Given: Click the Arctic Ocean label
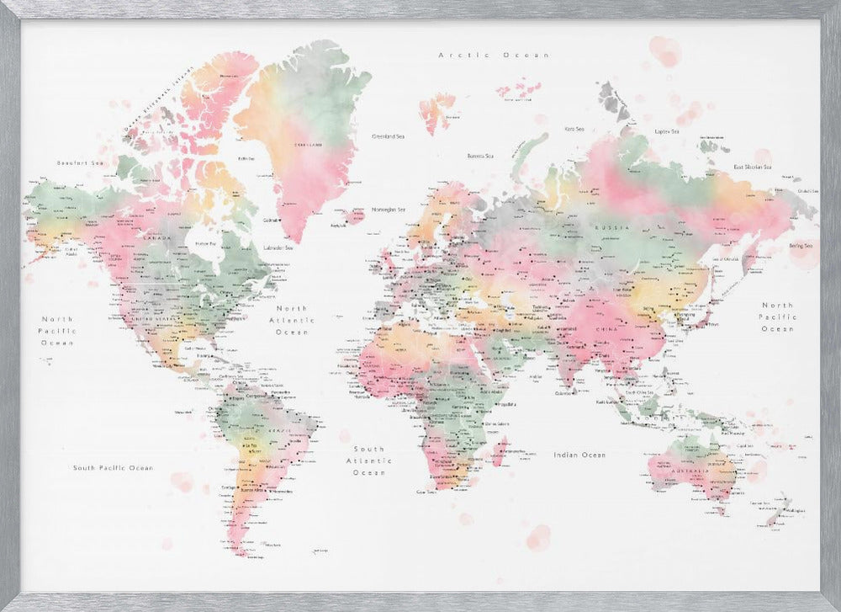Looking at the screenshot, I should pos(494,55).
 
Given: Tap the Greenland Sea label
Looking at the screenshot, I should pos(388,135).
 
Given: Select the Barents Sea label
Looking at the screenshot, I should pos(479,156).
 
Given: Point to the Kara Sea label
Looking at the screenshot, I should pos(574,129).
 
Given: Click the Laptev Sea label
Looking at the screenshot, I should pos(667,131).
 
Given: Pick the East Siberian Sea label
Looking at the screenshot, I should pos(752,167).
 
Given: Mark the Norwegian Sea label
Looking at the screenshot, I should pos(389,210).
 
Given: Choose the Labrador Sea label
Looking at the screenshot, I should pos(278,247).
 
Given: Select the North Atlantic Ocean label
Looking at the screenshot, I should pos(293,320).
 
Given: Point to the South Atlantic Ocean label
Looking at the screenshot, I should pos(368,460).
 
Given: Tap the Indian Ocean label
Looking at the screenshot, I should pos(579,455).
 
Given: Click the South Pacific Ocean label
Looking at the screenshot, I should pos(113,467).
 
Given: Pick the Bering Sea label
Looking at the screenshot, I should pos(800,246).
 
